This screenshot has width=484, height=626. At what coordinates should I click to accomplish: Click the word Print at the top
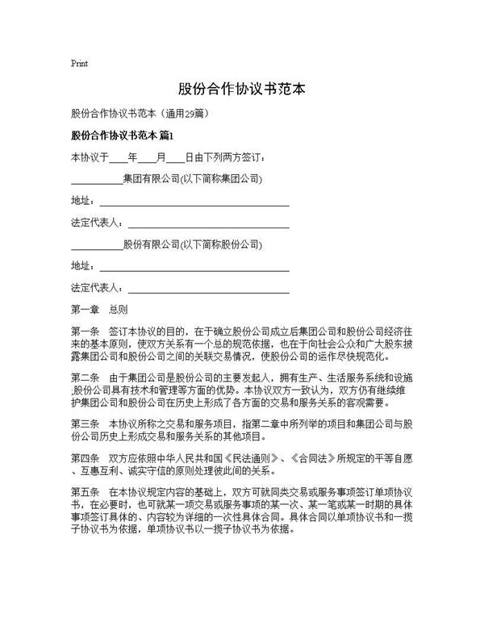pyautogui.click(x=79, y=63)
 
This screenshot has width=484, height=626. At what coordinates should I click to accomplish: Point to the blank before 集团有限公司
pyautogui.click(x=97, y=178)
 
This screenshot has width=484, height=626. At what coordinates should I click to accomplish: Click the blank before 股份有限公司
pyautogui.click(x=97, y=244)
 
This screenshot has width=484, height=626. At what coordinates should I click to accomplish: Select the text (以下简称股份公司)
pyautogui.click(x=219, y=244)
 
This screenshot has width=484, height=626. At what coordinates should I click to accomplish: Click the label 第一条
pyautogui.click(x=85, y=331)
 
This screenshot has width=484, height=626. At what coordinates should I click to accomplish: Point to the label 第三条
pyautogui.click(x=85, y=424)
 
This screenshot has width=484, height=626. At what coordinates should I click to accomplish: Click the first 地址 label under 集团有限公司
pyautogui.click(x=81, y=200)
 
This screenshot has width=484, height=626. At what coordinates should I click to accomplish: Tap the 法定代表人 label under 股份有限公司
pyautogui.click(x=96, y=287)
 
